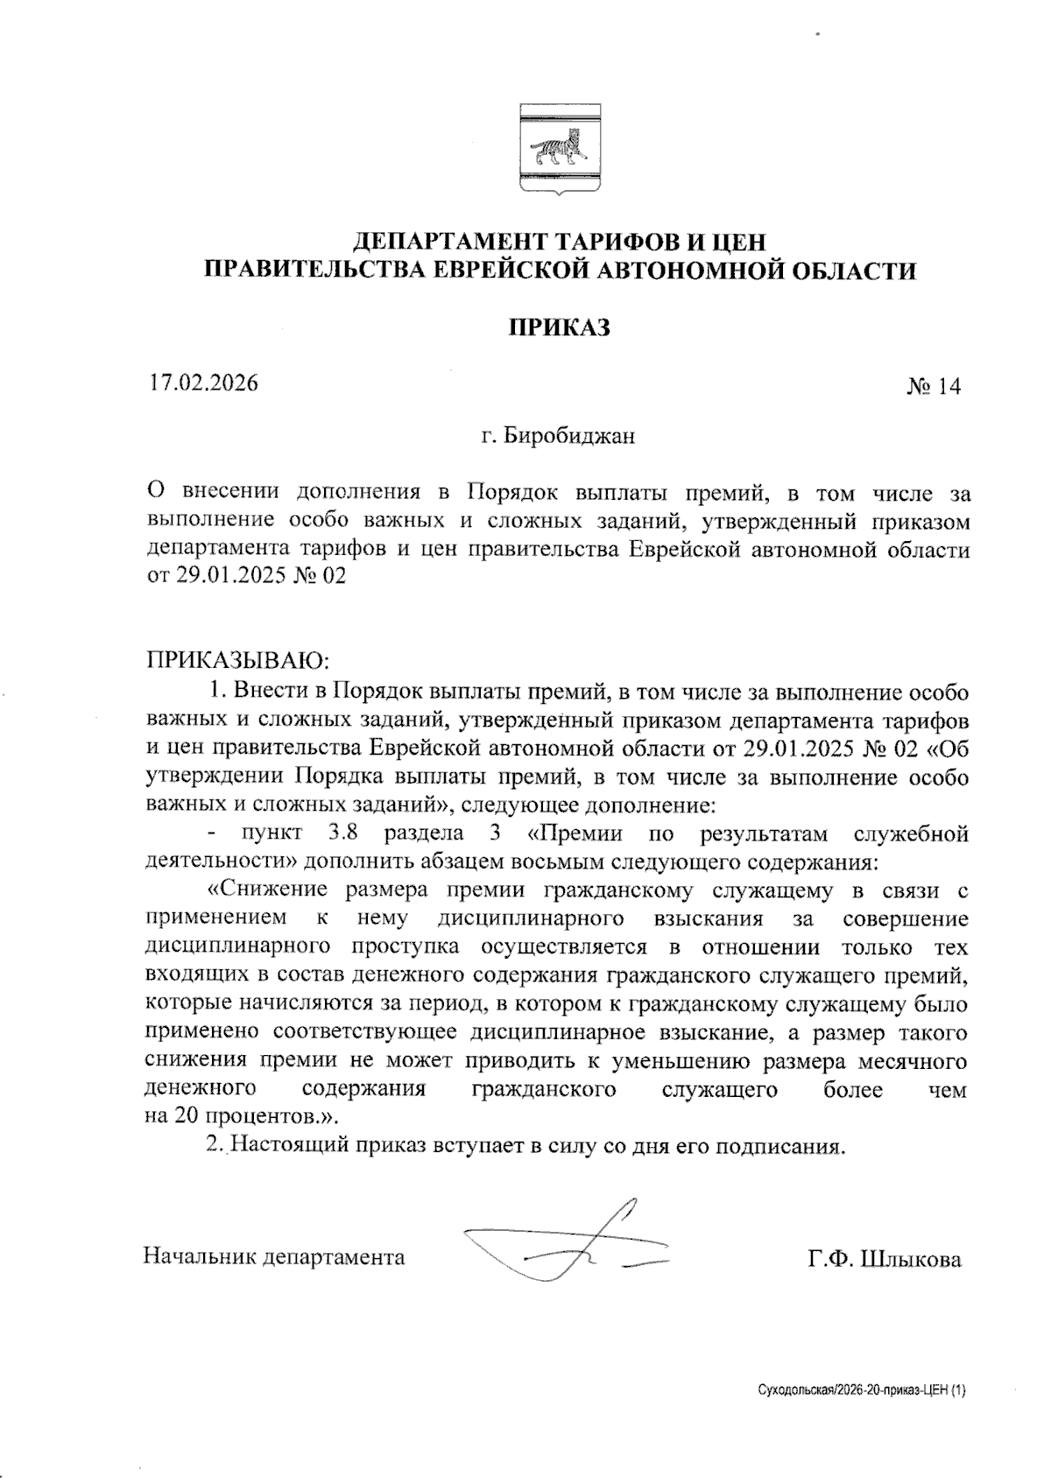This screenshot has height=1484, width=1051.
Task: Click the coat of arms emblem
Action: [559, 151]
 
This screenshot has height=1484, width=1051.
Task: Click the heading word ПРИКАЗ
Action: [559, 327]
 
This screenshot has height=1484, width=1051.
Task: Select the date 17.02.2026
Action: [202, 383]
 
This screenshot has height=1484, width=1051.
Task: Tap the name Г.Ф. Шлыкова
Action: [885, 1260]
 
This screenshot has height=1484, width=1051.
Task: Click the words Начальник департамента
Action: [274, 1258]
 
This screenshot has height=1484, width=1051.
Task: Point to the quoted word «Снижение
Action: [267, 890]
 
